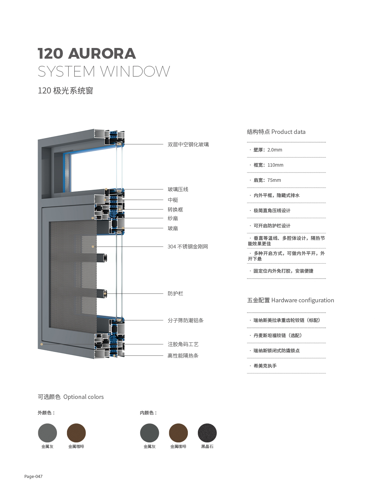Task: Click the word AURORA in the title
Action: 102,53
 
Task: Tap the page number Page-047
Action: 33,476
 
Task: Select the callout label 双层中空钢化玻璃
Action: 188,144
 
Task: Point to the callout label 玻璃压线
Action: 178,189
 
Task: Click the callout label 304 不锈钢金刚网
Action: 188,247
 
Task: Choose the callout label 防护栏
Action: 175,293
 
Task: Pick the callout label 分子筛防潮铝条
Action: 185,321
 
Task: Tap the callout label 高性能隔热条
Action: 183,356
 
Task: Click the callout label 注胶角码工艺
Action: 183,344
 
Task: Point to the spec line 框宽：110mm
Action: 268,165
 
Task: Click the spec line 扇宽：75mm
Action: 267,180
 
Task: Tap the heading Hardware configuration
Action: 302,300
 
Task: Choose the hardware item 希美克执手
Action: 265,366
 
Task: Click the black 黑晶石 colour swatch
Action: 207,433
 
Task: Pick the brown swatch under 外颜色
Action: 76,433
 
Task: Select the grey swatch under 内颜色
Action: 150,433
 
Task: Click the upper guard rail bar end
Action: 105,258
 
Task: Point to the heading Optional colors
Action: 83,397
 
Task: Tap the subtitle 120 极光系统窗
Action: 65,91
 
